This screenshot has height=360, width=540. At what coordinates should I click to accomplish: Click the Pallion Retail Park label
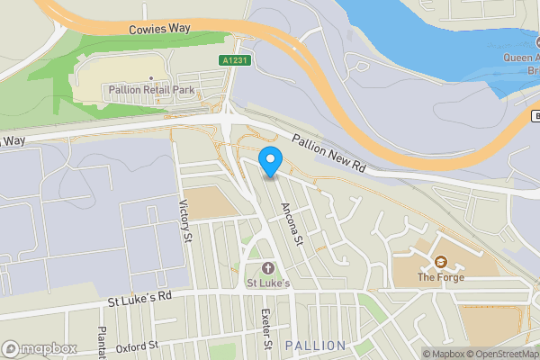150,90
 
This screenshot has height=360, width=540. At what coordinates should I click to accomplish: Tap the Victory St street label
186,221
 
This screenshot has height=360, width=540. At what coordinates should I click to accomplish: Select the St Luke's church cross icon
267,269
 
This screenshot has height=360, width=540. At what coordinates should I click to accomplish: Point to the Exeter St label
265,329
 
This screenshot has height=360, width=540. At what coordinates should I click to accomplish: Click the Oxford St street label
136,345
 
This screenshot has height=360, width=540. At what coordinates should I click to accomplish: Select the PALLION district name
314,346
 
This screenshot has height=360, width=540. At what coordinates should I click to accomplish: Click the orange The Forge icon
440,262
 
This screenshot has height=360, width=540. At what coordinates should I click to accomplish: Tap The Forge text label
440,277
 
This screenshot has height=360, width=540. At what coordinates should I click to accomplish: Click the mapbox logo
40,348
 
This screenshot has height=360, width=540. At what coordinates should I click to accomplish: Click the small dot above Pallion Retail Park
150,78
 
